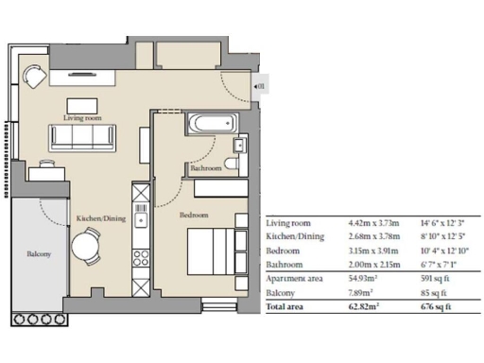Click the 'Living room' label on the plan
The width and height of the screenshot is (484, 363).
click(x=82, y=117)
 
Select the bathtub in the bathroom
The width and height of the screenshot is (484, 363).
click(x=207, y=123)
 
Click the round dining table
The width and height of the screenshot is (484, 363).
click(x=86, y=248)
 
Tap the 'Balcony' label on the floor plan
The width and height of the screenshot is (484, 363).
click(x=39, y=253)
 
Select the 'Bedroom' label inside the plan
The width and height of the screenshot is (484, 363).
click(x=194, y=216)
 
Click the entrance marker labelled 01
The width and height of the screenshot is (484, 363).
click(x=260, y=87)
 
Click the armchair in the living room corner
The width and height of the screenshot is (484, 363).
click(x=35, y=76)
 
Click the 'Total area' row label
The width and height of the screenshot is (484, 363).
click(x=288, y=307)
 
